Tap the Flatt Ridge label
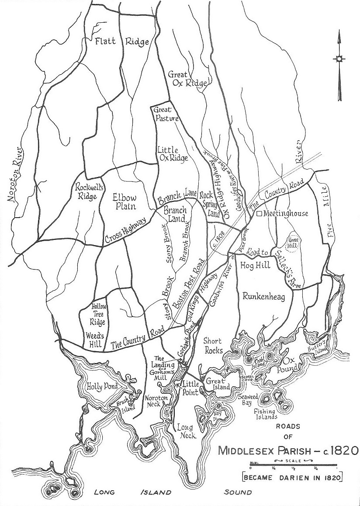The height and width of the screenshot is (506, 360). (x=122, y=42)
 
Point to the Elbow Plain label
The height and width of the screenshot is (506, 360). (x=124, y=201)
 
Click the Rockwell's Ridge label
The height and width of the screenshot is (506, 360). (x=86, y=191)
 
